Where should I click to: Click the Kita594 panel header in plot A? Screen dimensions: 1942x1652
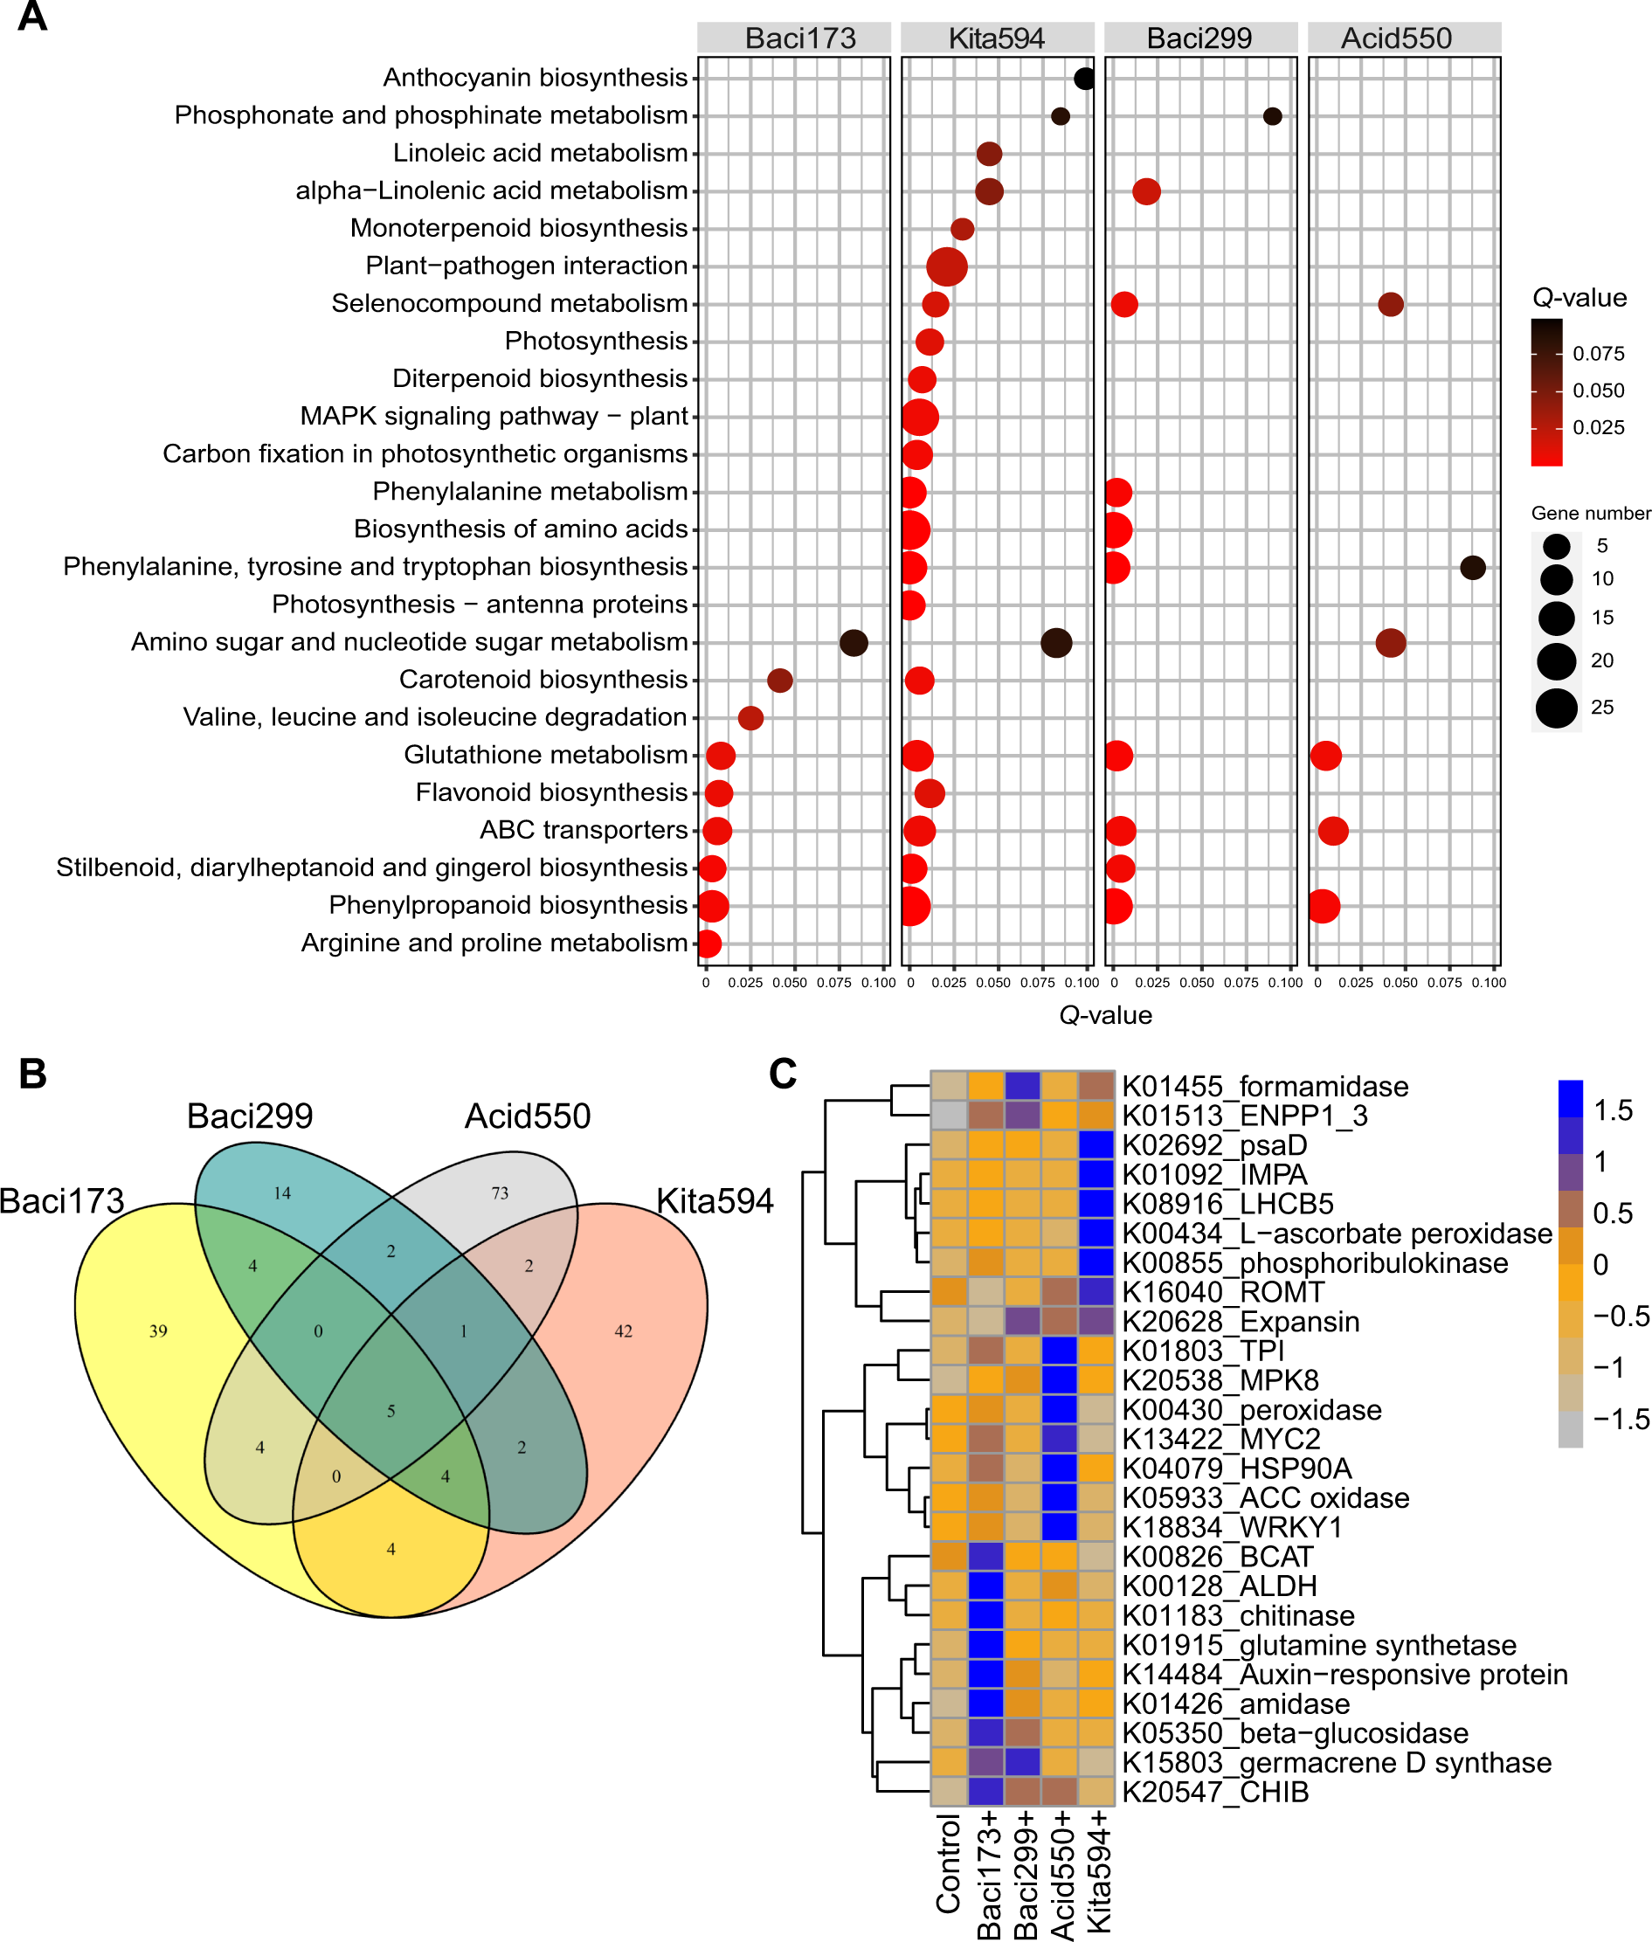[x=997, y=38]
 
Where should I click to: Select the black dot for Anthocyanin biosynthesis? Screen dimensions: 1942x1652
[x=1084, y=79]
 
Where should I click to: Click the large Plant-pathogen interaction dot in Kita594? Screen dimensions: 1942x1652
[x=947, y=266]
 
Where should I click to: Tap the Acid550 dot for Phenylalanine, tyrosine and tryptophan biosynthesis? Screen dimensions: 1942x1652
[x=1472, y=568]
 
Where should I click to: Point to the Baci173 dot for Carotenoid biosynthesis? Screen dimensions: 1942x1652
[x=780, y=681]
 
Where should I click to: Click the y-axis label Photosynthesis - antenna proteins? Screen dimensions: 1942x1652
[x=480, y=605]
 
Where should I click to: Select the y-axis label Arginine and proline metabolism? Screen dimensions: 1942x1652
[x=494, y=943]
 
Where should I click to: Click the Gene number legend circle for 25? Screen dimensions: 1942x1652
[x=1556, y=708]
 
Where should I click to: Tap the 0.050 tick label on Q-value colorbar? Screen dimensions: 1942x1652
[x=1599, y=391]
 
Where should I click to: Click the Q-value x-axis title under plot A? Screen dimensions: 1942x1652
[x=1105, y=1016]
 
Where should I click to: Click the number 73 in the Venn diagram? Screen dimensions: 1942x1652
[x=500, y=1193]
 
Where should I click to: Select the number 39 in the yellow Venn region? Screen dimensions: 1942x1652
[x=158, y=1330]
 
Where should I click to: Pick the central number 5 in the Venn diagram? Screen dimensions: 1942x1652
[x=391, y=1411]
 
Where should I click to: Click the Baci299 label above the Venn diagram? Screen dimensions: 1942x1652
[x=249, y=1116]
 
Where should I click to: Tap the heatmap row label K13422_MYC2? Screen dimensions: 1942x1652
[x=1220, y=1439]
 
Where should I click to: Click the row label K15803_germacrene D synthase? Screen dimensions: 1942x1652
[x=1336, y=1763]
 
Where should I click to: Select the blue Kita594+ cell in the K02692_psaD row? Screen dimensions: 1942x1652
[x=1096, y=1145]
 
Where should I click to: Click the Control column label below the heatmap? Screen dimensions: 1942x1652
[x=949, y=1863]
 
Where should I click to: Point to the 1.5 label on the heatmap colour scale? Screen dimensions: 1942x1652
[x=1613, y=1110]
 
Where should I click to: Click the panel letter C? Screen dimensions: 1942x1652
[x=782, y=1074]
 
